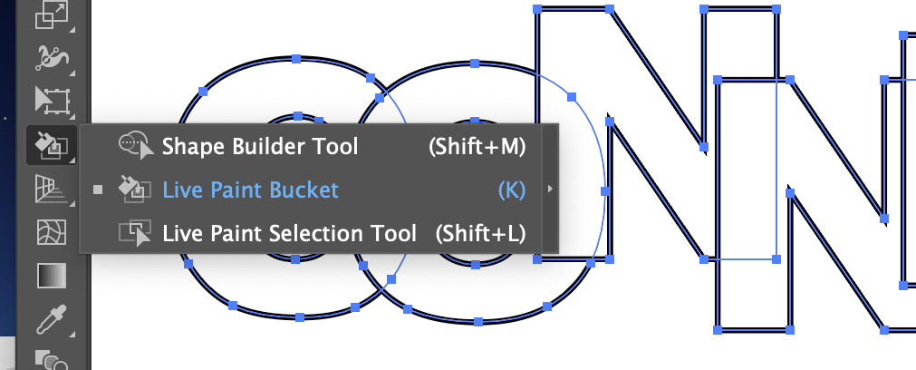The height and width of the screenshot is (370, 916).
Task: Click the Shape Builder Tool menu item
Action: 260,146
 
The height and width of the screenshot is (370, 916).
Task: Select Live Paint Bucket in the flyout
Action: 250,190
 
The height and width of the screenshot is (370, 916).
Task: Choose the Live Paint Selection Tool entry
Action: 289,233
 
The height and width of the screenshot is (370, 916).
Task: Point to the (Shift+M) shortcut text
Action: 477,146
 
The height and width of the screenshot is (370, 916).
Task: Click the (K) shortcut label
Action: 511,190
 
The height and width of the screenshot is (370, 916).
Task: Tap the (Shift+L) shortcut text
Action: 480,233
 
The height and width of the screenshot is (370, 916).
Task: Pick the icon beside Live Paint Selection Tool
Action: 135,233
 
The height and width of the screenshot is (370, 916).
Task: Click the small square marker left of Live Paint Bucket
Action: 98,190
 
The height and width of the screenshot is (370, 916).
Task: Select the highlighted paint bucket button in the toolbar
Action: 51,143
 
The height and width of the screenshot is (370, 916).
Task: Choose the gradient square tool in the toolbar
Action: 51,276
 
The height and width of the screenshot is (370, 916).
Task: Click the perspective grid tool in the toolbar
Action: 51,190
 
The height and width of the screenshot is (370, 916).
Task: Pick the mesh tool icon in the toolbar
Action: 51,233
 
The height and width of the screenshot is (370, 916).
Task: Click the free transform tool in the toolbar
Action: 51,101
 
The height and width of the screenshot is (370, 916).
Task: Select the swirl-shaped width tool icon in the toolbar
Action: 51,58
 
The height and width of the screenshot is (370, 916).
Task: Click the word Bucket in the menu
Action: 303,190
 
